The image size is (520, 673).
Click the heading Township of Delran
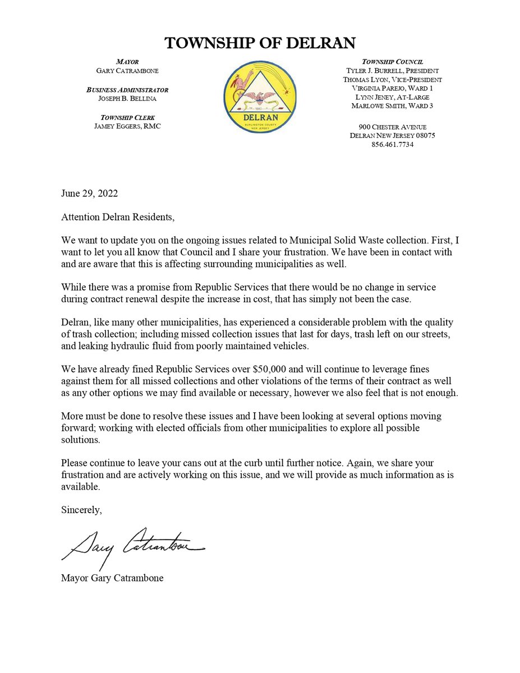[260, 43]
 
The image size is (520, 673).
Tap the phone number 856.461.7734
[392, 145]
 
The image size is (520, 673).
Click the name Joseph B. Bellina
[127, 98]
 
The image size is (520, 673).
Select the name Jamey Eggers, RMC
[127, 126]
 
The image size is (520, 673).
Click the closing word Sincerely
[81, 510]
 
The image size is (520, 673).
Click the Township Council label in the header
[392, 61]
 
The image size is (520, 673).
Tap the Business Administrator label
[127, 90]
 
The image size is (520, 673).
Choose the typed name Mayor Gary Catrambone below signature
[112, 578]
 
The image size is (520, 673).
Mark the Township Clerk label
[127, 117]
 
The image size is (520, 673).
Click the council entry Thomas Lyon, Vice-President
[392, 80]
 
